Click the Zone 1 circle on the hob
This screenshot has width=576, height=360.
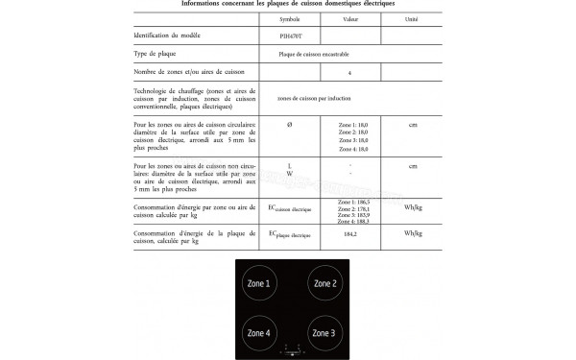[260, 285]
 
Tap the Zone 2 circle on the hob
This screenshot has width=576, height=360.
[325, 285]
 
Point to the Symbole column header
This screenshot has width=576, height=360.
[289, 18]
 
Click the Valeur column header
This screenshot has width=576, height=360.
[350, 18]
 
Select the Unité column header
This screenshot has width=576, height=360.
[412, 18]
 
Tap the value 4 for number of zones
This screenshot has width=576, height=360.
[350, 73]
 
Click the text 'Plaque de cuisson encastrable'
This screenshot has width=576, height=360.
[320, 54]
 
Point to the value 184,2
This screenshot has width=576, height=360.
[350, 234]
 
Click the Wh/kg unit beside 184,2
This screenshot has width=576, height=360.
[413, 234]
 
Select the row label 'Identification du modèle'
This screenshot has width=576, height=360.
[170, 34]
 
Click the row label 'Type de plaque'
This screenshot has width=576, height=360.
[158, 54]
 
